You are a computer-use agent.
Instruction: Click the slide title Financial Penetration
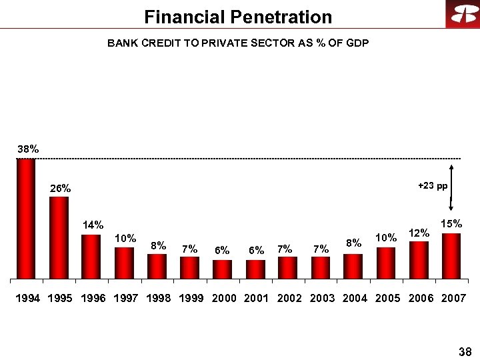[238, 17]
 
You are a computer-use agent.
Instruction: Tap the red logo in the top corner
[462, 15]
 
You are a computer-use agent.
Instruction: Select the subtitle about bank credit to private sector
[238, 43]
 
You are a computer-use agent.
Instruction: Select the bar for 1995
[59, 237]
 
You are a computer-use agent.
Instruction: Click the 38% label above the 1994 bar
[28, 150]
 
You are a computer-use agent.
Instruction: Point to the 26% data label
[61, 189]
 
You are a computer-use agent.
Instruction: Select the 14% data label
[93, 225]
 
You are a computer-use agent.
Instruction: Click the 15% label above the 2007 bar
[451, 224]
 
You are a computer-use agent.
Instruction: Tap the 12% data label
[419, 233]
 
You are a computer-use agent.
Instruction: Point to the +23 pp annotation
[433, 186]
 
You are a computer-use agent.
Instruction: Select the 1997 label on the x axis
[125, 298]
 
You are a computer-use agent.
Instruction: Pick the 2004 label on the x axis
[354, 298]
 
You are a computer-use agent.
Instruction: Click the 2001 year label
[256, 298]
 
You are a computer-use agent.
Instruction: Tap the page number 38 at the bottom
[465, 351]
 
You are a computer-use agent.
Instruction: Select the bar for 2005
[386, 263]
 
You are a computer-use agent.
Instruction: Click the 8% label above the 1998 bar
[158, 245]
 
